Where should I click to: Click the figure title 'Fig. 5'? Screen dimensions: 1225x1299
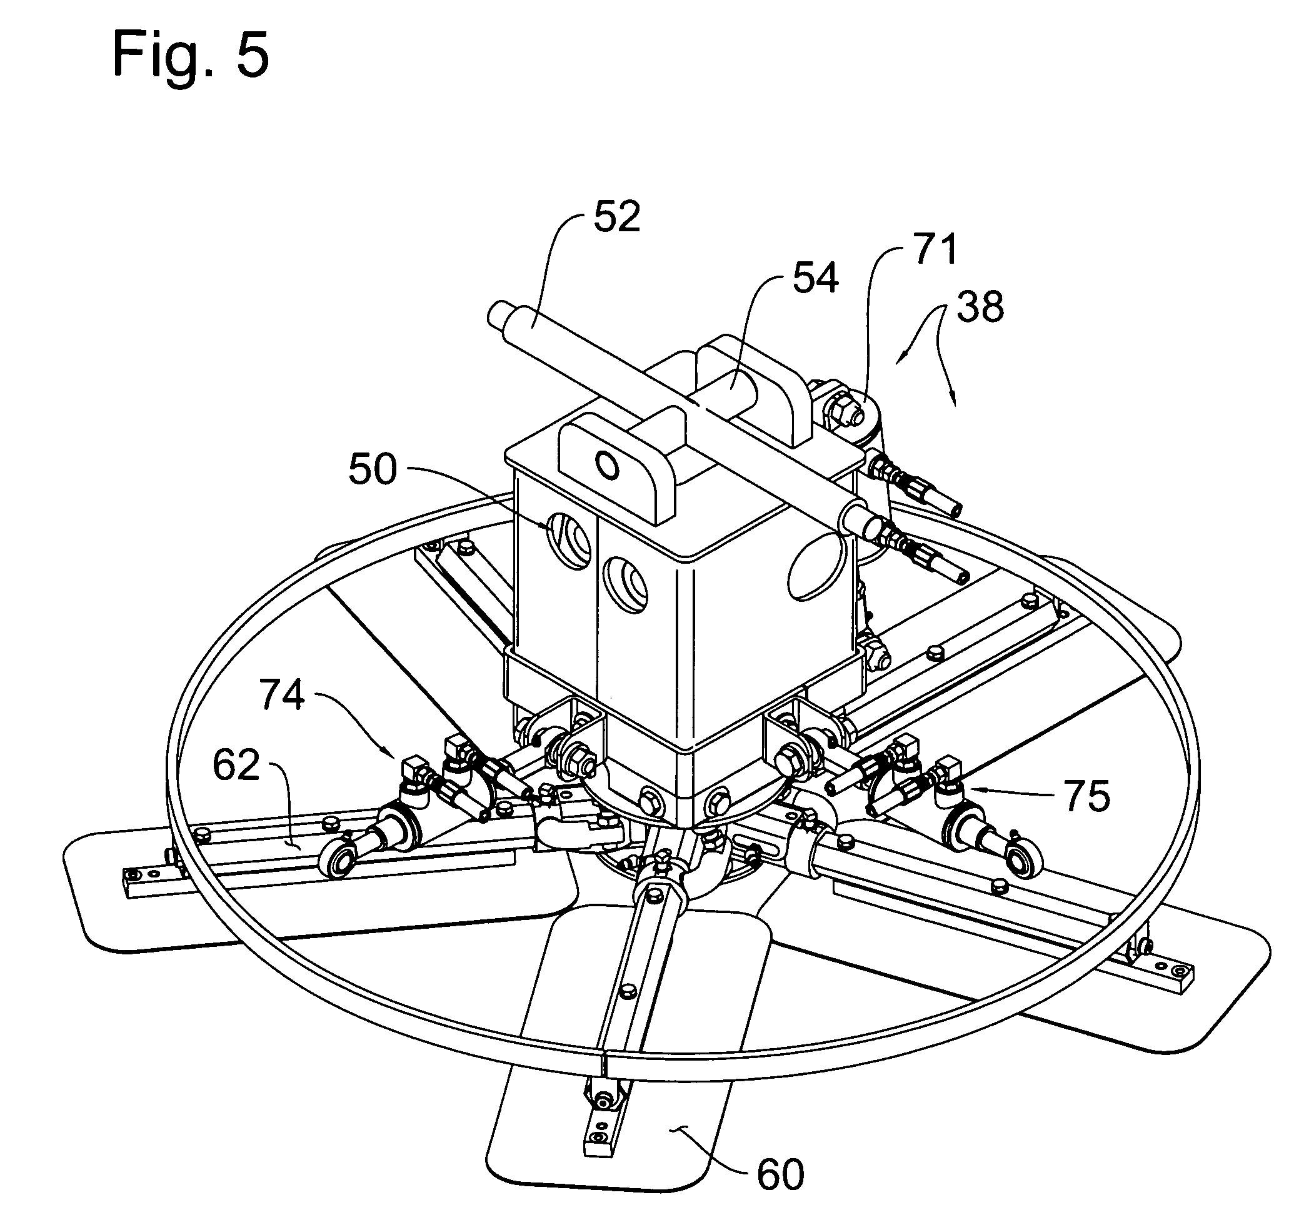[x=190, y=56]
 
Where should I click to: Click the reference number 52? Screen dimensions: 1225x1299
[x=617, y=217]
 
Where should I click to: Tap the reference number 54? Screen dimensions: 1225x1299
[x=815, y=277]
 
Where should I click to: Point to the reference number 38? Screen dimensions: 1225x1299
[x=980, y=306]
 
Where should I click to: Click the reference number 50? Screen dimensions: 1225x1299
[x=373, y=469]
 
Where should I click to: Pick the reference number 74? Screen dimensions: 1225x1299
[x=283, y=694]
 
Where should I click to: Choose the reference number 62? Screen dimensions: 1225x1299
[x=236, y=765]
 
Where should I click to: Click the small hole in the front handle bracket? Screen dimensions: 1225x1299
[x=606, y=465]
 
